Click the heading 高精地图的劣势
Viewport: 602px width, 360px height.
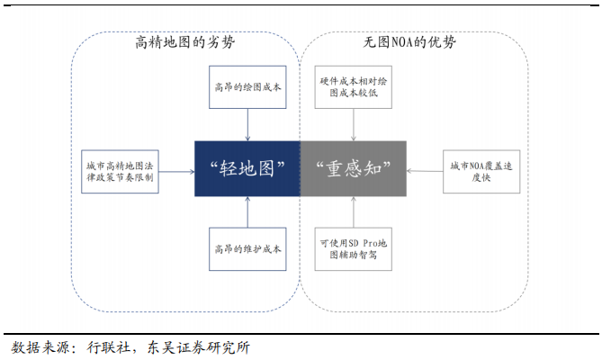coord(186,42)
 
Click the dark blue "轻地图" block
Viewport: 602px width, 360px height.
coord(247,167)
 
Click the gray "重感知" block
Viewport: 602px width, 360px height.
coord(353,167)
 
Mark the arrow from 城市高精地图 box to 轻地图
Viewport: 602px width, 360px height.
coord(177,168)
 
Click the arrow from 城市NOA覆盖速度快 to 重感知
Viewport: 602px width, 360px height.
coord(425,168)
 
